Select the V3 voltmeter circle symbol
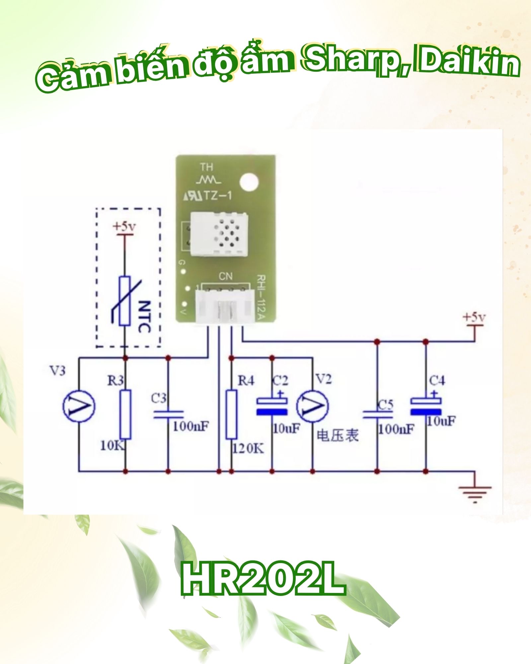coord(79,406)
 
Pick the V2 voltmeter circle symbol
coord(312,406)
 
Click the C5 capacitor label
coord(386,405)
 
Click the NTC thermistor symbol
coord(125,300)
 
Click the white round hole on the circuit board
coord(249,182)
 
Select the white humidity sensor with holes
coord(219,234)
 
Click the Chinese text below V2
coord(338,436)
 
